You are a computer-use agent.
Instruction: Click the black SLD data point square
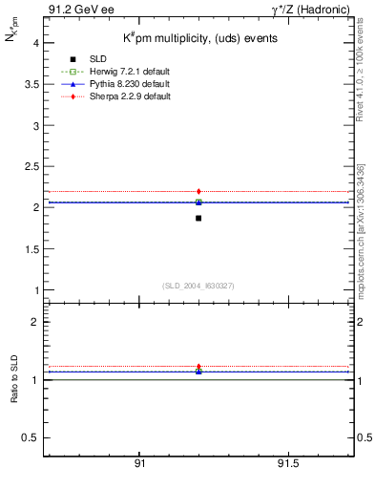pos(198,219)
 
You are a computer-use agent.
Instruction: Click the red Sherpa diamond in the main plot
pos(198,191)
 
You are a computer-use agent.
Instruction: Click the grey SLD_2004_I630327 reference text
pos(199,286)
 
